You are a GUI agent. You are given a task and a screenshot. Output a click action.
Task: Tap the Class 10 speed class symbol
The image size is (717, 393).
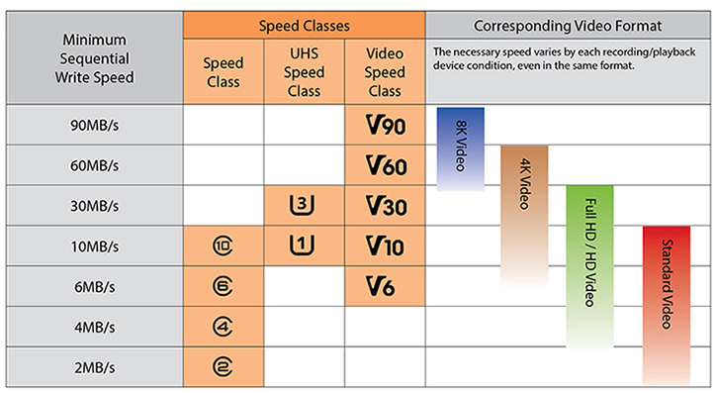(x=223, y=246)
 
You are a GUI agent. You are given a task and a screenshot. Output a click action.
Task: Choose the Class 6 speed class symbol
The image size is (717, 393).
(x=223, y=286)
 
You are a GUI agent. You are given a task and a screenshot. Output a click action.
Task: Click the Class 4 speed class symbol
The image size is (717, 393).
(x=223, y=326)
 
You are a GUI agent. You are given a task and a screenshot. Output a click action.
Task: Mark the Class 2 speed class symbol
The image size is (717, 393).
(x=223, y=365)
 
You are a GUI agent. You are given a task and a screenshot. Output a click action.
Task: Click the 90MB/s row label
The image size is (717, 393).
(x=94, y=126)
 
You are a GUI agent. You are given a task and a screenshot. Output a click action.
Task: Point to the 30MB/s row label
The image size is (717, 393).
(x=94, y=206)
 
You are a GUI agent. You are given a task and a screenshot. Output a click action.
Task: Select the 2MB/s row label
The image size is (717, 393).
(x=94, y=365)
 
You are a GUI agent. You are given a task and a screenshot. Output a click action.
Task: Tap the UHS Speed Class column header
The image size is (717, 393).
(x=305, y=70)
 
